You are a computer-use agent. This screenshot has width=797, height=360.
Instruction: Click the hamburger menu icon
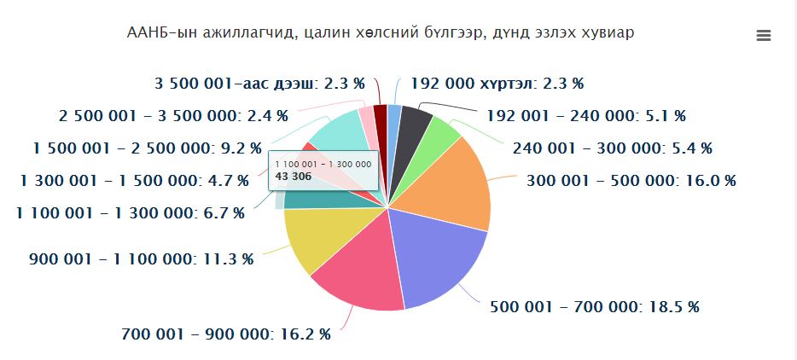tap(764, 35)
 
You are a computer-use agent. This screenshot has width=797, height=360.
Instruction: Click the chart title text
tap(381, 33)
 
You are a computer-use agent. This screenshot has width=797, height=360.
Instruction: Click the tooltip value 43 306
tap(290, 177)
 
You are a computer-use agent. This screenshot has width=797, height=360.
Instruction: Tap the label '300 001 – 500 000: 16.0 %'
tap(631, 181)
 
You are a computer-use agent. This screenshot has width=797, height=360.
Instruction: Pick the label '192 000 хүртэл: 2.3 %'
tap(497, 84)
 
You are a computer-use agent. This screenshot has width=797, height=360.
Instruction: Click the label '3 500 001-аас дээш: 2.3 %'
tap(259, 84)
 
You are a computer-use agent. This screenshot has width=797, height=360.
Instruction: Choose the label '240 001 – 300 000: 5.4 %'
tap(612, 148)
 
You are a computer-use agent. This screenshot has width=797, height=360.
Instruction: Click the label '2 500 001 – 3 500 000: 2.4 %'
tap(173, 115)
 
